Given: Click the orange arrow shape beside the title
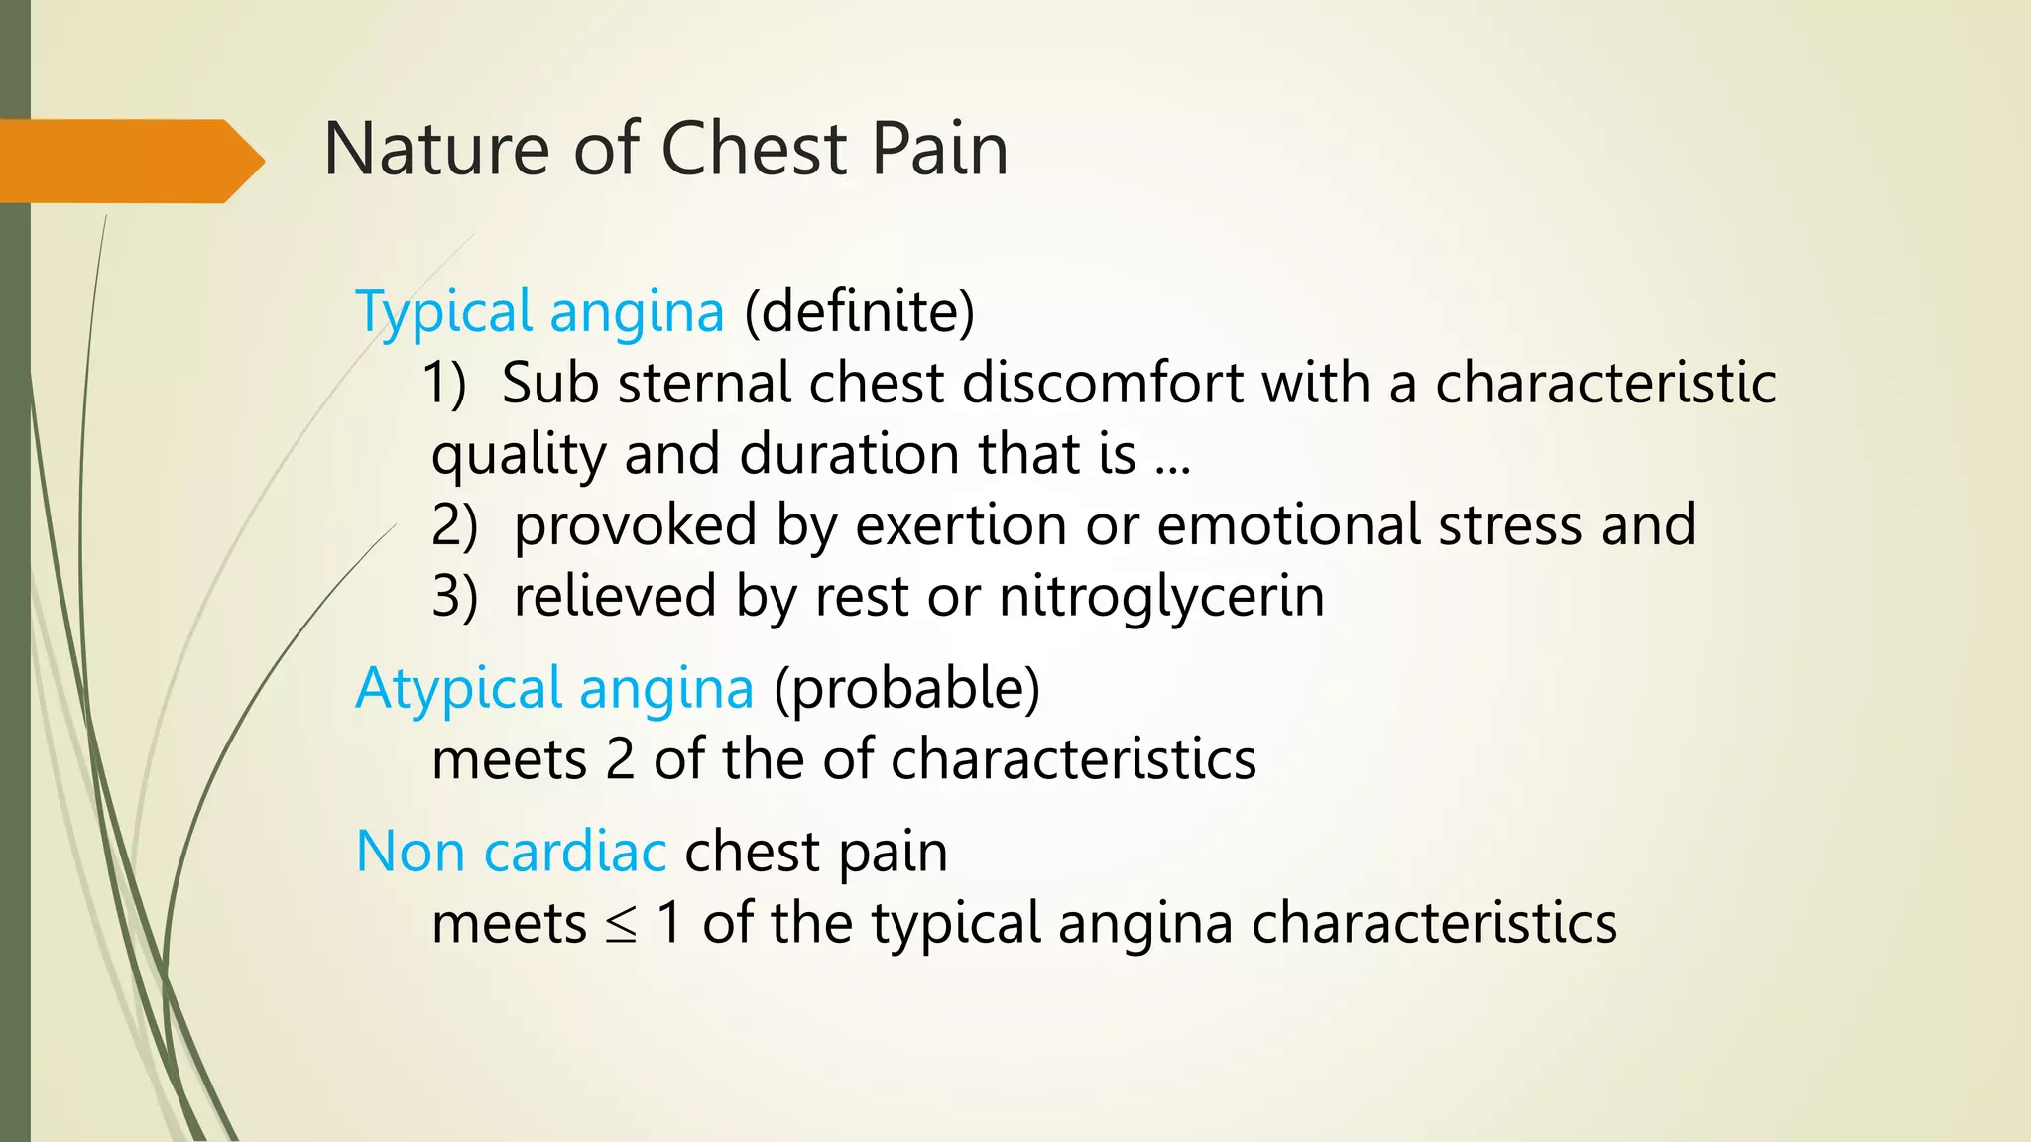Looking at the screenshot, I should pos(129,161).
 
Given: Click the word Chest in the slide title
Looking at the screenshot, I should pos(754,149).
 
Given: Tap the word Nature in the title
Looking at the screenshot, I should pos(436,149).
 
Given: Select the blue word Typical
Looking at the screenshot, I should pos(444,312).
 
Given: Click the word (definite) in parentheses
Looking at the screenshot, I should pos(860,312).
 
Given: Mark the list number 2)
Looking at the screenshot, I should pos(454,525).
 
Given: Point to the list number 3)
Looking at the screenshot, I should pos(454,597).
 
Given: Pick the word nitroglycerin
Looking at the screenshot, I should pos(1161,597).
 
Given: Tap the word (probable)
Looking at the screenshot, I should pos(906,689).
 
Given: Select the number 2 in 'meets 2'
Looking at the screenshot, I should pos(620,760).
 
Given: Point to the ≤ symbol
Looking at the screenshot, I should pos(621,925).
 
